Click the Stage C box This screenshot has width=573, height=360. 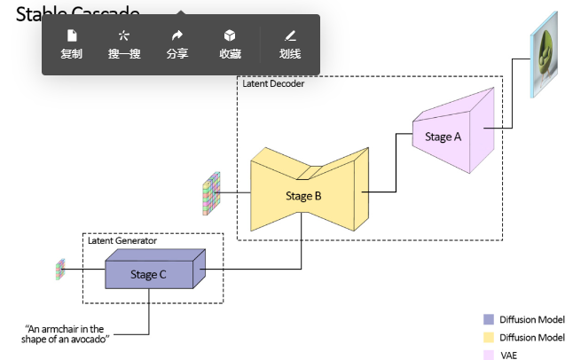(149, 274)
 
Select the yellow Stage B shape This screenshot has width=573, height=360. (303, 195)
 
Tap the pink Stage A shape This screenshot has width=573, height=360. (448, 137)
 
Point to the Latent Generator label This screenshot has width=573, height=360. (122, 240)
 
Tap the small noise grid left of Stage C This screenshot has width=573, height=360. (61, 269)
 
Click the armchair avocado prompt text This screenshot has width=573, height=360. (67, 334)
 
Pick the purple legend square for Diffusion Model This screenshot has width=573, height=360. (488, 320)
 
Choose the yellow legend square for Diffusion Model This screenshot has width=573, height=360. (488, 338)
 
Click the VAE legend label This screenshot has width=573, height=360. (508, 355)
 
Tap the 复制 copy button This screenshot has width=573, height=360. (72, 44)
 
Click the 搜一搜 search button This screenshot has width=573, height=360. (124, 44)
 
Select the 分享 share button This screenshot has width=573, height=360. (177, 44)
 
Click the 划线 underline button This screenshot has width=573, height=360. (290, 44)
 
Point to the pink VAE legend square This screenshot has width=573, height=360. (488, 355)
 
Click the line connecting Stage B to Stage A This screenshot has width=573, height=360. (395, 164)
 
